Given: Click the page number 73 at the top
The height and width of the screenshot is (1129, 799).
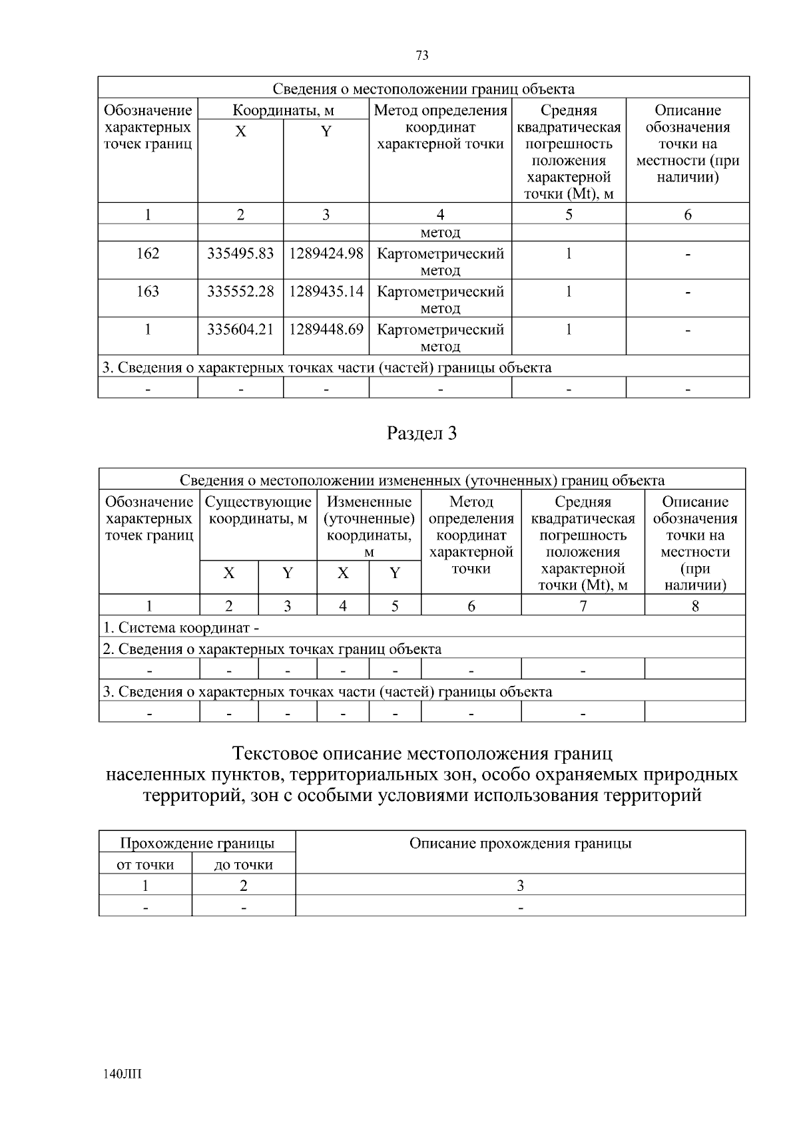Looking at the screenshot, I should pos(422,56).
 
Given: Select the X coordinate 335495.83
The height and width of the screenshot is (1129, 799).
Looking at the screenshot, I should pos(240,253).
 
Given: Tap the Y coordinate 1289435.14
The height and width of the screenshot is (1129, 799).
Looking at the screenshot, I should pos(326,291).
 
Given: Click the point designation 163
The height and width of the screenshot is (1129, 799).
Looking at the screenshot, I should pos(148,291).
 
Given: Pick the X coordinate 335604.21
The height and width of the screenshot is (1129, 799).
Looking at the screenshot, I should pos(240,329).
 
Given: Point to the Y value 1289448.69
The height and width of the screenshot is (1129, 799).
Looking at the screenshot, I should pos(326,329).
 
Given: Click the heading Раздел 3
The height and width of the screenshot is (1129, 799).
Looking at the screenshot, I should pos(422,434).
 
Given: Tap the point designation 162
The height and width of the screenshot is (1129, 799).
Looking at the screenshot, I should pos(148,253).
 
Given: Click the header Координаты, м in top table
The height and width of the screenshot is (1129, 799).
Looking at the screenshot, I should pos(283,110).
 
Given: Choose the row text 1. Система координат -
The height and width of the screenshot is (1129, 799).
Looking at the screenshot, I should pos(181,627).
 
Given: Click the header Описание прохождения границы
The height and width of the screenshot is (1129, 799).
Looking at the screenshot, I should pos(520,844).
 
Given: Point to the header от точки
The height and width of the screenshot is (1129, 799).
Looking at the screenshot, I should pos(145,864).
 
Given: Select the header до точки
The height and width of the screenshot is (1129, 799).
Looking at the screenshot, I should pos(243,864).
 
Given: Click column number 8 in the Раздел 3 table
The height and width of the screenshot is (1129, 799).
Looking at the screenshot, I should pos(695,605).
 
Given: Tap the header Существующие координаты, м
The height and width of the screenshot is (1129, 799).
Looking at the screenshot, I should pos(258,510).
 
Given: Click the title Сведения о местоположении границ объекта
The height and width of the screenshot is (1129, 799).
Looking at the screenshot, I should pos(423,88).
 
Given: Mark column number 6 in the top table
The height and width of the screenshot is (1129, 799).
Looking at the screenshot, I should pos(688,214).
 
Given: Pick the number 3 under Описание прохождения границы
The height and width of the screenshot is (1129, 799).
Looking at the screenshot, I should pos(520,886).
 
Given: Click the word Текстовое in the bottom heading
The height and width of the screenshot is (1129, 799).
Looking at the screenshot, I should pos(274,754).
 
